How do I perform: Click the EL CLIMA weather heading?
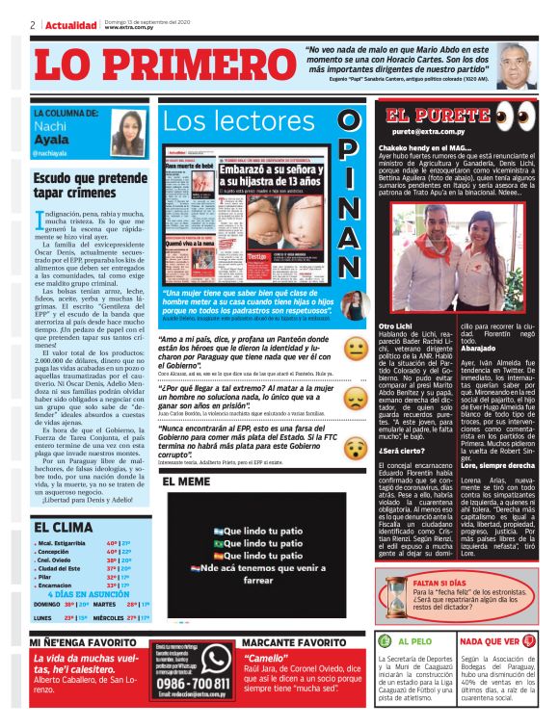[63, 527]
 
